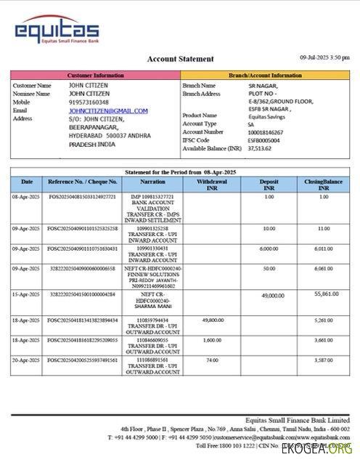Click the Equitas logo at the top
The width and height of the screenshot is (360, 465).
(x=57, y=31)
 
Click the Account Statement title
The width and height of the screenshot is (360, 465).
(x=181, y=59)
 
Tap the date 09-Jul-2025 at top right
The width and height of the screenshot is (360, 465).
(x=324, y=57)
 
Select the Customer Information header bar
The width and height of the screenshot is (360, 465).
(x=94, y=75)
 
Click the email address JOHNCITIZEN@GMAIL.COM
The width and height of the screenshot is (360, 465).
(x=108, y=110)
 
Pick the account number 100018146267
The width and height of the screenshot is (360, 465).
(x=265, y=132)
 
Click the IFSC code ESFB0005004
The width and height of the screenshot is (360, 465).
(x=263, y=140)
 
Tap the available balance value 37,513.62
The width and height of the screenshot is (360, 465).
(x=259, y=148)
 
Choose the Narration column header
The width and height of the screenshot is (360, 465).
(x=152, y=182)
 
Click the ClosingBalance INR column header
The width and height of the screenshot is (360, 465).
(x=323, y=185)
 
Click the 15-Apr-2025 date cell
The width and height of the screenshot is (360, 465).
(x=25, y=294)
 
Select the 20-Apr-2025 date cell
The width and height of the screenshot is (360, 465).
(x=25, y=360)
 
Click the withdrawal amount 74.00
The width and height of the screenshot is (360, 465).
(x=211, y=360)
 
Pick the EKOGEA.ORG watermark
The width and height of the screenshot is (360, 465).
(x=327, y=450)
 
